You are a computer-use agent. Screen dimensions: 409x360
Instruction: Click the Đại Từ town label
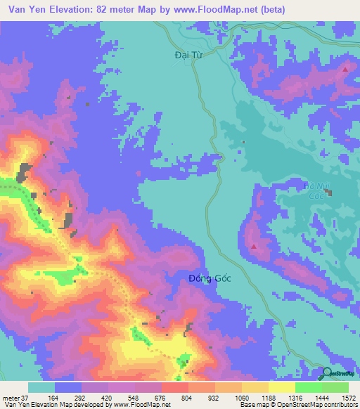tap(187, 53)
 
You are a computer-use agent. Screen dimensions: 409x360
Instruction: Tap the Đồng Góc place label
tap(210, 279)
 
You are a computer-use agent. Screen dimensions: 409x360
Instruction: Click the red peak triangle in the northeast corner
tap(345, 70)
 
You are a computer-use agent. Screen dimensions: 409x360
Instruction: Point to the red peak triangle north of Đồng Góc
tap(252, 247)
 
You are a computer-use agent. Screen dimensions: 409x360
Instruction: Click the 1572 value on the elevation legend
tap(348, 397)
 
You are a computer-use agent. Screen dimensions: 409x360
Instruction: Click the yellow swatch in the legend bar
tap(281, 387)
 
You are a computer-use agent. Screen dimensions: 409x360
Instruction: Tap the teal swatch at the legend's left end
tap(41, 387)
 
